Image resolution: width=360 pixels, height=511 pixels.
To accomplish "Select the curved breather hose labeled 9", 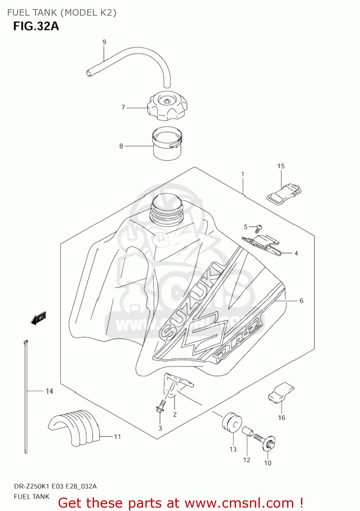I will tap(136, 56).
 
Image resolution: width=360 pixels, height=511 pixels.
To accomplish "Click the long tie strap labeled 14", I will tap(26, 395).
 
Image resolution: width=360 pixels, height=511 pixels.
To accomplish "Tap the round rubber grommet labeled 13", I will tap(232, 423).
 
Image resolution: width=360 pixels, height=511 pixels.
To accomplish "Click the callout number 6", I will tap(301, 300).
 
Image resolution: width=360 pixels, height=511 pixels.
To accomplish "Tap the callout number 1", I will tap(242, 174).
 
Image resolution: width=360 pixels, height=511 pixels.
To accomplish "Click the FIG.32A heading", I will tap(36, 26).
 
